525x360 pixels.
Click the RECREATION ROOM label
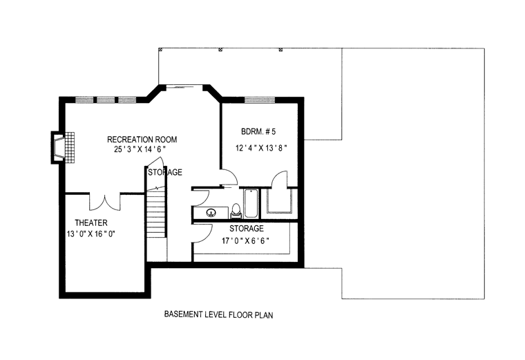[x=142, y=140]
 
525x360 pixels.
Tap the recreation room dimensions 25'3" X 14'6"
[x=140, y=149]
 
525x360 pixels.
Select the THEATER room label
[x=91, y=222]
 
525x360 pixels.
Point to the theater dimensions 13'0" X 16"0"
[x=91, y=234]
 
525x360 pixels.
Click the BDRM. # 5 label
[x=258, y=131]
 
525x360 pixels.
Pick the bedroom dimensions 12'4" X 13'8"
[x=262, y=148]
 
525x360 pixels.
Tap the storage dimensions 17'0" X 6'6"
[x=246, y=240]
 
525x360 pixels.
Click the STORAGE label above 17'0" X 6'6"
[x=247, y=229]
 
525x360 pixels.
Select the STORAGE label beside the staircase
[x=165, y=172]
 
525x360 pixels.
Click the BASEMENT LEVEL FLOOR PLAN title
[x=219, y=314]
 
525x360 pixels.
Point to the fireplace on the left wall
[x=63, y=147]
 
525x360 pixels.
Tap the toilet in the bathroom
[x=236, y=211]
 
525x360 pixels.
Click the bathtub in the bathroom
[x=251, y=204]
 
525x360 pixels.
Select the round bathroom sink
[x=211, y=211]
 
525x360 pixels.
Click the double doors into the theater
[x=104, y=202]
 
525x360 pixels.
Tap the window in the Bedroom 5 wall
[x=260, y=100]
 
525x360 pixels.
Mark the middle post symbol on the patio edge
[x=220, y=50]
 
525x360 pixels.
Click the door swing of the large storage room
[x=202, y=233]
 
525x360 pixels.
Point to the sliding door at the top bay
[x=184, y=87]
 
